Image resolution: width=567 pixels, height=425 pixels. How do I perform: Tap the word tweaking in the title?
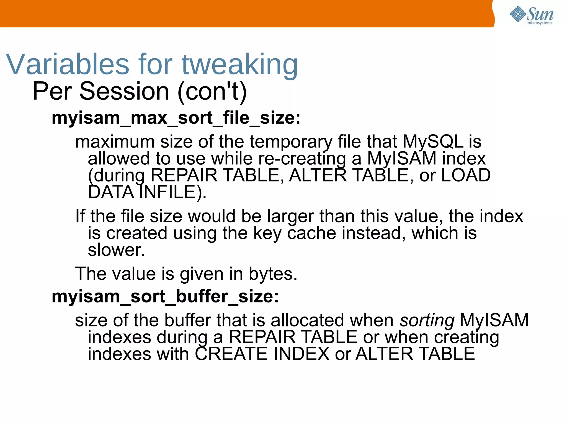click(x=239, y=65)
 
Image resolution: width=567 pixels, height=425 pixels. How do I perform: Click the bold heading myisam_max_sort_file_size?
click(x=176, y=118)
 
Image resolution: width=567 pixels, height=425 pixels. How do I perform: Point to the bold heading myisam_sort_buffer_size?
click(x=165, y=296)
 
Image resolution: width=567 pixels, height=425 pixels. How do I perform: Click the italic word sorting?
click(x=427, y=320)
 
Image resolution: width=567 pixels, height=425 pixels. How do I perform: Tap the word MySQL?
click(x=433, y=141)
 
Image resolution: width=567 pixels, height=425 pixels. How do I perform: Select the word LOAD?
click(x=465, y=175)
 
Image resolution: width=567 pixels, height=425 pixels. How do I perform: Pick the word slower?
click(x=116, y=250)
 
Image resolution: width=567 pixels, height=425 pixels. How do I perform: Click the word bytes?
click(x=273, y=274)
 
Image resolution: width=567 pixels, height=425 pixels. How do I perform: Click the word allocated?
click(x=307, y=320)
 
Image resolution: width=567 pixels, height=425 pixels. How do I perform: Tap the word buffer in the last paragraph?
click(x=187, y=320)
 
